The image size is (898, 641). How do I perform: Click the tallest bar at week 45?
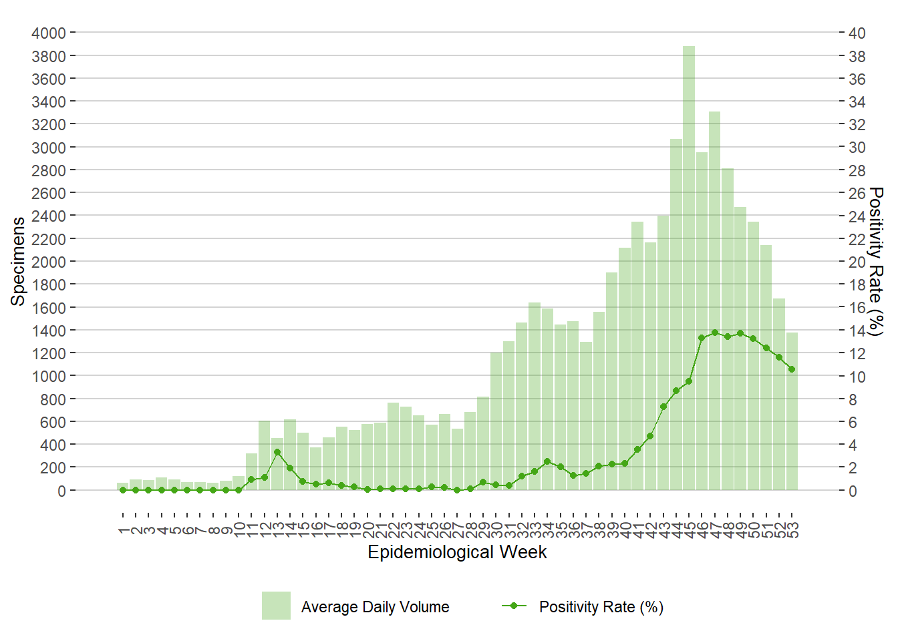coord(689,267)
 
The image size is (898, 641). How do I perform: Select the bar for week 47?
coord(714,300)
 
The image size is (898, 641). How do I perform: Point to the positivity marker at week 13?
coord(277,452)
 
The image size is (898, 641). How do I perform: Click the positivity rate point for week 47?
coord(714,333)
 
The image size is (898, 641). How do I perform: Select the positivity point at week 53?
coord(792,369)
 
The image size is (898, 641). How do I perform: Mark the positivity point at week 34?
coord(547,461)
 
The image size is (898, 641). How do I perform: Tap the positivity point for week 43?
coord(663,407)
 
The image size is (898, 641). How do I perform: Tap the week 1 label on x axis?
coord(123,530)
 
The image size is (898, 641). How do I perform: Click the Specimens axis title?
coord(18,261)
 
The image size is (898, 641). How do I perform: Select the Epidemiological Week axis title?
coord(457,552)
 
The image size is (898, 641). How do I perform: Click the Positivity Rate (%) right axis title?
coord(876,261)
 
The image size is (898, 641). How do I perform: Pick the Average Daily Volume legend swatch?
coord(276,606)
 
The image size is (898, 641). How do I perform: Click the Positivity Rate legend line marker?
coord(514,606)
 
